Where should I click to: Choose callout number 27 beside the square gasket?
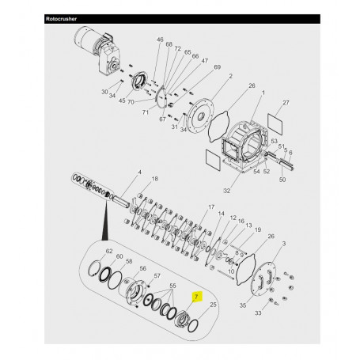tap(286, 103)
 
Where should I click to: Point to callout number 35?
tap(243, 305)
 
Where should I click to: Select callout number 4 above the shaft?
tap(139, 172)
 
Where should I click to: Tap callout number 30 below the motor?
tap(104, 92)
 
